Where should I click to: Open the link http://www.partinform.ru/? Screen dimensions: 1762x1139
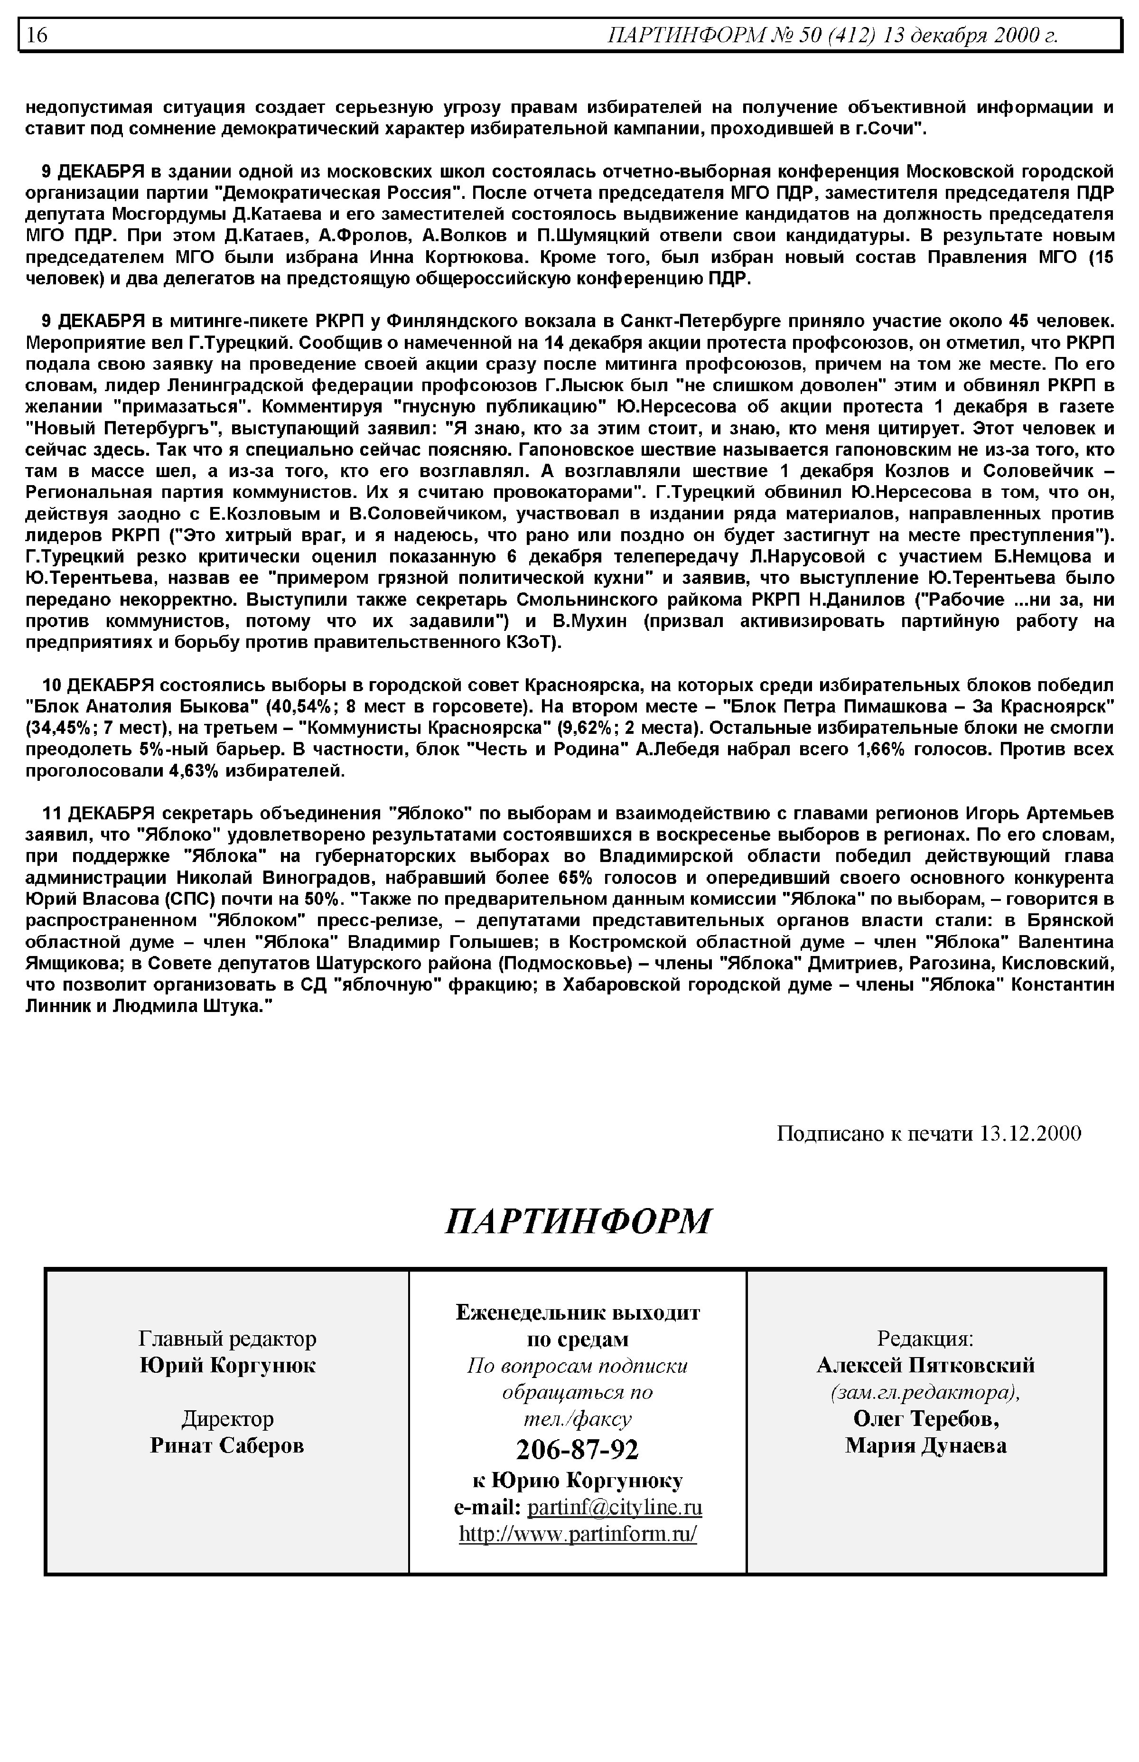click(578, 1534)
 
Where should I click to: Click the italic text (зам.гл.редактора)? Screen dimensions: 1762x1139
click(925, 1392)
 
